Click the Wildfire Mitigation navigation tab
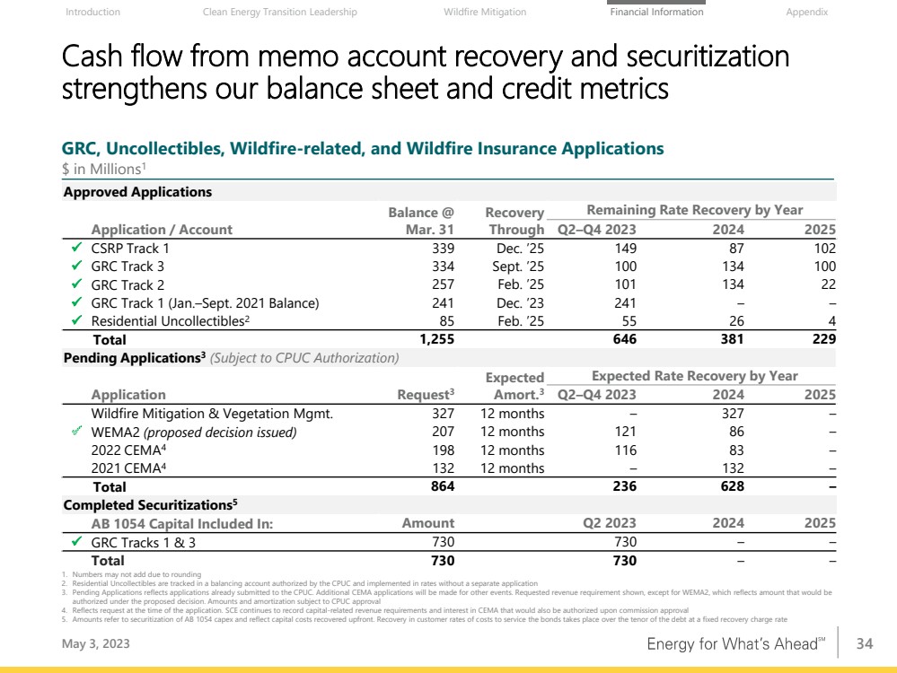point(485,13)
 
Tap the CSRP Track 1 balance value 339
point(443,248)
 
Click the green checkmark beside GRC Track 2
point(77,284)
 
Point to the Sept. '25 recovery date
point(518,267)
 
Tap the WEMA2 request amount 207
point(443,432)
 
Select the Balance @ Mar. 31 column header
point(421,220)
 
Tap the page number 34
point(865,642)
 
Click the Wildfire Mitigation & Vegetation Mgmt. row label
point(212,414)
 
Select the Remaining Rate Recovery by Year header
point(694,210)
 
